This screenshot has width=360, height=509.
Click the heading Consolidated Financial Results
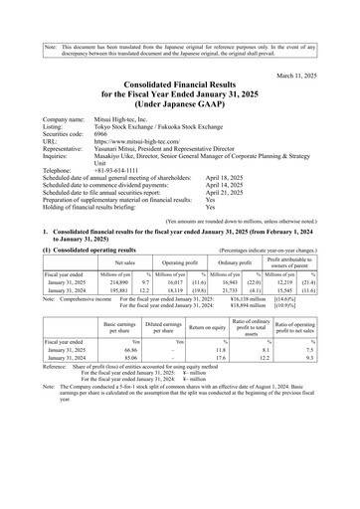pyautogui.click(x=179, y=62)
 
